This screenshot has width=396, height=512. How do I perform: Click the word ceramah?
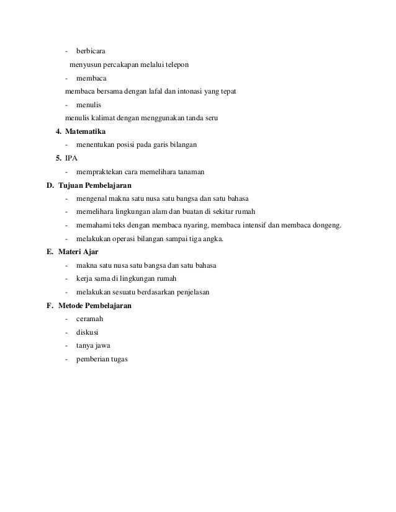(89, 319)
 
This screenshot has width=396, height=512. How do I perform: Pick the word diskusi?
(88, 332)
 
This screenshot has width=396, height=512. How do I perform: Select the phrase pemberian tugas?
(101, 359)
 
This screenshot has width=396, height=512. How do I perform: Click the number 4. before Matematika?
(58, 131)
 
